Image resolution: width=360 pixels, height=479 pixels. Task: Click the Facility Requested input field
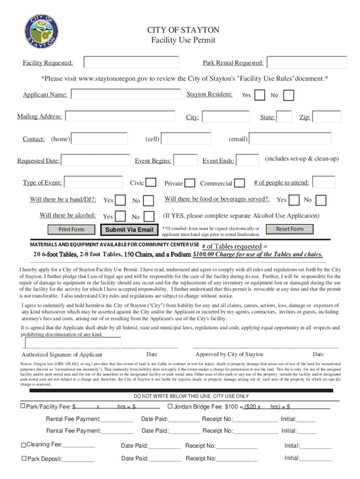(131, 63)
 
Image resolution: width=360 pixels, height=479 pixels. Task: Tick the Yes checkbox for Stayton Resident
(260, 95)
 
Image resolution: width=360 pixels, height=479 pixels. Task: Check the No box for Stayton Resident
(289, 95)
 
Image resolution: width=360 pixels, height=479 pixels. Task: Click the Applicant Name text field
(126, 94)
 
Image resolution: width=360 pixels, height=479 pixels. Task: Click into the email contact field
(290, 138)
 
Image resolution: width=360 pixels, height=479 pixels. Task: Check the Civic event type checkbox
(151, 182)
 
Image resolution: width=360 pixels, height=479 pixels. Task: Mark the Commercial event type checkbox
(239, 183)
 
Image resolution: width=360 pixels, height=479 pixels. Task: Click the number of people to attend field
(324, 182)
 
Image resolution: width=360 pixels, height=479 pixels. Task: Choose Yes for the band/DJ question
(120, 200)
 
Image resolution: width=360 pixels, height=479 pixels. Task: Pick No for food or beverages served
(321, 200)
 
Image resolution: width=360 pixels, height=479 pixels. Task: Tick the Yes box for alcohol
(120, 216)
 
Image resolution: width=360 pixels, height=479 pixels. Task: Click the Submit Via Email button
(129, 230)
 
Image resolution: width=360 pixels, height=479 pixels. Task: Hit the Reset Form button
(289, 229)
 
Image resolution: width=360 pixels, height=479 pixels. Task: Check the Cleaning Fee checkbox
(23, 445)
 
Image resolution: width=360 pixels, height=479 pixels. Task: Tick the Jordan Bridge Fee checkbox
(170, 406)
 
